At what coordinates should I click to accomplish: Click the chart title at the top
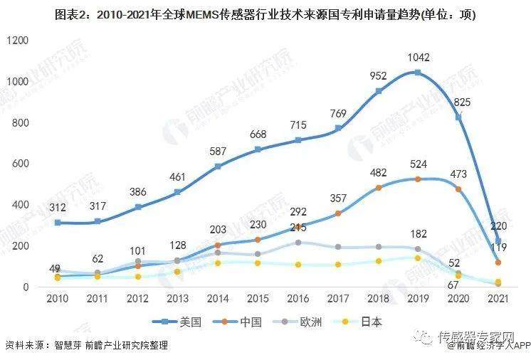265,14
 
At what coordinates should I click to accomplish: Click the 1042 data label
417,57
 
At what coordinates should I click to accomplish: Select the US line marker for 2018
379,91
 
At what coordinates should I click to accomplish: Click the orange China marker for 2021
498,263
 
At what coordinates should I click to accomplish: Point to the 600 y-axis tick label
19,164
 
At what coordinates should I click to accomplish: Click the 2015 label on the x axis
258,299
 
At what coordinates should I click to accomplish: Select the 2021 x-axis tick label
498,299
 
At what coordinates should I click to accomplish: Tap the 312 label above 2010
58,208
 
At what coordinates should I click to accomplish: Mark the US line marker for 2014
218,166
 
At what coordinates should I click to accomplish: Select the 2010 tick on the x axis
58,299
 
